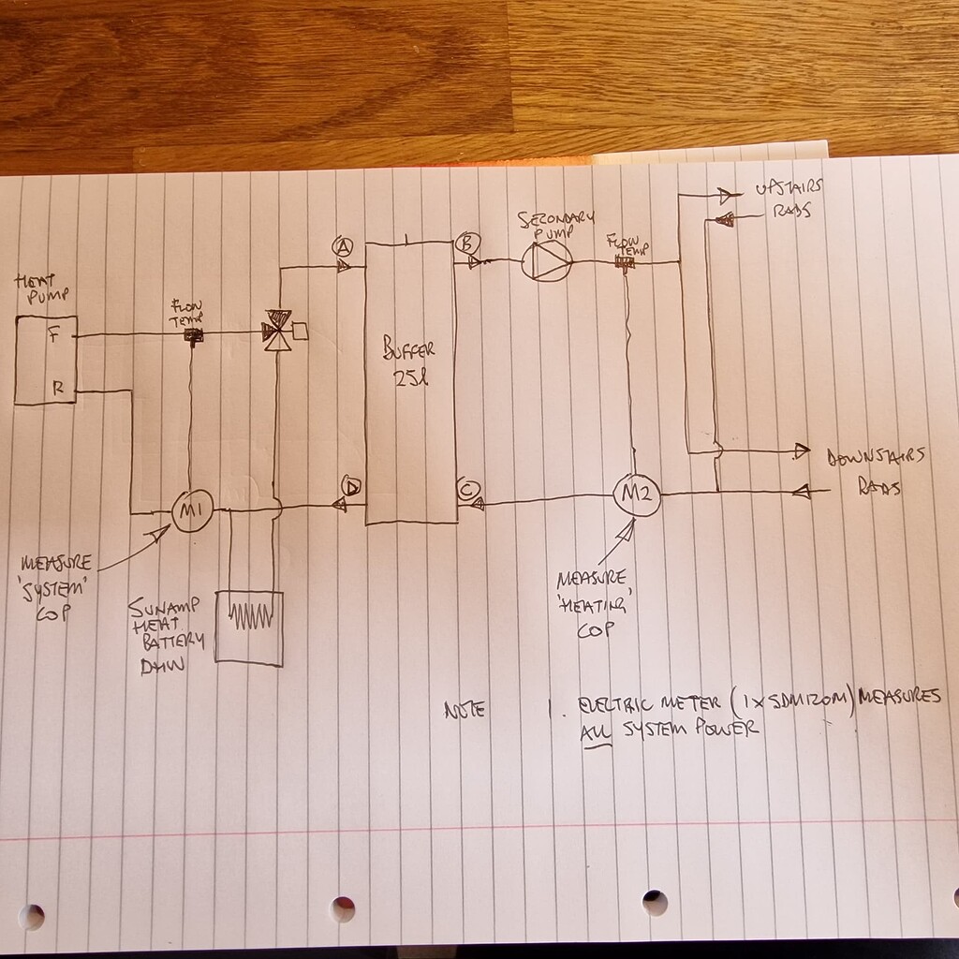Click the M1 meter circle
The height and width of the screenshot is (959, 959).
[193, 510]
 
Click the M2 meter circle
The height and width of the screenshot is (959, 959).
[637, 494]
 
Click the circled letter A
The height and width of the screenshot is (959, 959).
[343, 246]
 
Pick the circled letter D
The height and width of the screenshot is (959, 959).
[352, 486]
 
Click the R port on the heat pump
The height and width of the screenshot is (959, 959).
[57, 389]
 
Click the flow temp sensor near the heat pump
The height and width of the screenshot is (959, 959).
[195, 335]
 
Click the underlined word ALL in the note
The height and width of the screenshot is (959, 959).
[595, 730]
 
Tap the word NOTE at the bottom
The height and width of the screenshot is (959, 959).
[465, 710]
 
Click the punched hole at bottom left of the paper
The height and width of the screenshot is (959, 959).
[31, 916]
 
